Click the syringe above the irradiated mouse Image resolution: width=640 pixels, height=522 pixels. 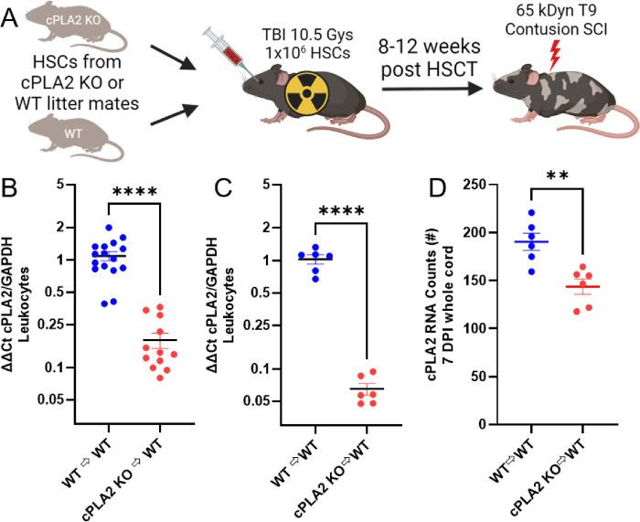226,52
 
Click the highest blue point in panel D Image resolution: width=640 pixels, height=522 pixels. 531,212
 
